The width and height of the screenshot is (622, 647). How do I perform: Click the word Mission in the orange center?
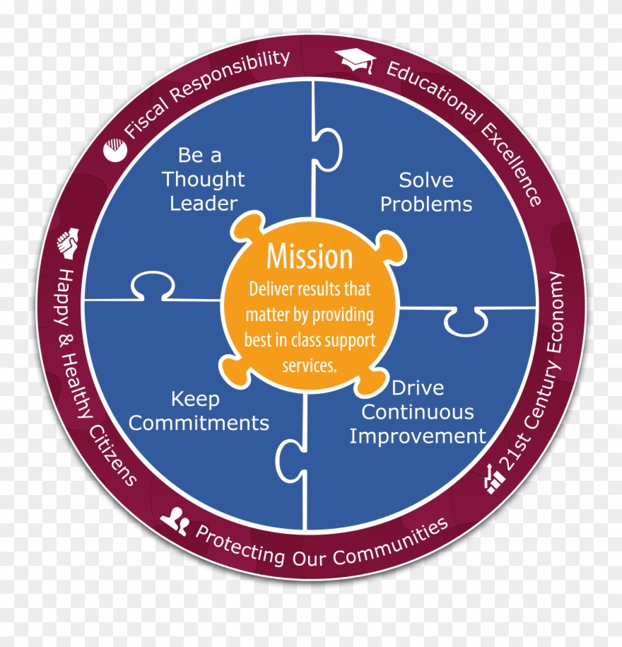point(310,257)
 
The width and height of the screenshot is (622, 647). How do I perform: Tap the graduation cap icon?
point(356,61)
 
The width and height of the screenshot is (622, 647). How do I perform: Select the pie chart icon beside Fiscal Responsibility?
point(115,150)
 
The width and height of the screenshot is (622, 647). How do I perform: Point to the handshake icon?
point(68,243)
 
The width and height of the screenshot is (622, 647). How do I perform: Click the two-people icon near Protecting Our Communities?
point(175,521)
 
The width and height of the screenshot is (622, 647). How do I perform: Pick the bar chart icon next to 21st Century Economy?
point(494,479)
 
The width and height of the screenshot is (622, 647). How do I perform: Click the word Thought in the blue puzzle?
point(204,180)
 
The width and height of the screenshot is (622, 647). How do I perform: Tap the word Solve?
point(426,180)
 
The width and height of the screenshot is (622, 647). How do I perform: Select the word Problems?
point(426,204)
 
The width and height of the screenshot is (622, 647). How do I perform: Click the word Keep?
point(195,400)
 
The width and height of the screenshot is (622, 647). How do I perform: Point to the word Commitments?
point(199,424)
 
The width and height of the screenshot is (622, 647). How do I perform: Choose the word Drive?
point(418,388)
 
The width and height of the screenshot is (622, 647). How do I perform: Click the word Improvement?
point(418,436)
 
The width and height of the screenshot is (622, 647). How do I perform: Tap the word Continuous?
point(418,412)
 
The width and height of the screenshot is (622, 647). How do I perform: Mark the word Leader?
point(204,204)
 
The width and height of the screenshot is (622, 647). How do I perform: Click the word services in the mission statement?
point(310,366)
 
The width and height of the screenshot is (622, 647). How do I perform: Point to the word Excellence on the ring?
point(512,164)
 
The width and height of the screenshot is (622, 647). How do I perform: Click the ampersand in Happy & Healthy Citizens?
point(66,341)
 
